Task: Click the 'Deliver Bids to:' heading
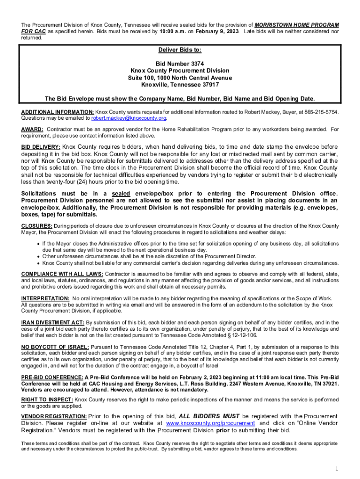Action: [x=180, y=50]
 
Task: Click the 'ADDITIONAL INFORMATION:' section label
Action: [x=58, y=112]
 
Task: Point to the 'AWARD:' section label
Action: [x=32, y=129]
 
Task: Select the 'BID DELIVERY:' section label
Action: [x=41, y=147]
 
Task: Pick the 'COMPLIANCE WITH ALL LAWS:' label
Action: [x=63, y=274]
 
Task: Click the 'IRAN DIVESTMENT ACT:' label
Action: [x=53, y=323]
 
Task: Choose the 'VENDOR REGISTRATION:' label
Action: [x=54, y=416]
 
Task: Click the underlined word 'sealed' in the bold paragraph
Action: [x=121, y=194]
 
